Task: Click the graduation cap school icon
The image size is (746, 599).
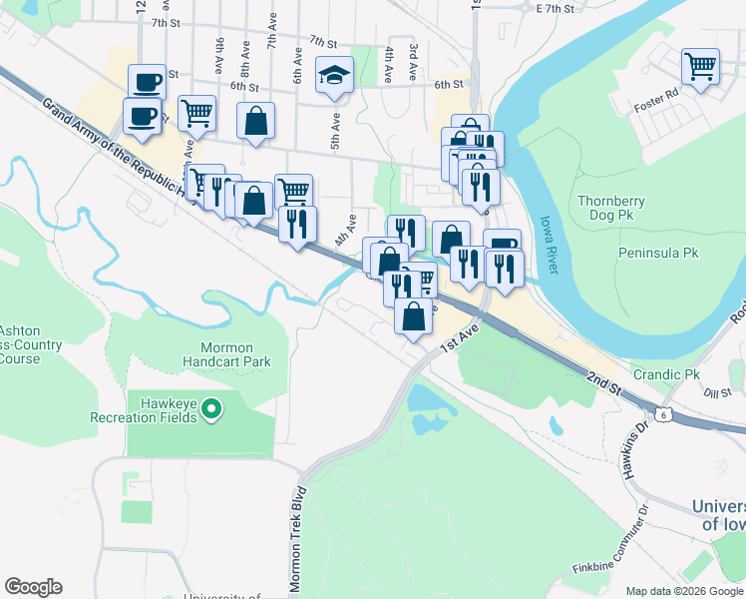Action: click(335, 74)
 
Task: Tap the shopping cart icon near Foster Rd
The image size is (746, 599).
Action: click(700, 67)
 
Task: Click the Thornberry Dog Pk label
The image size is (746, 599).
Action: click(611, 208)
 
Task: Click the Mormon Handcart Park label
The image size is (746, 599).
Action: click(228, 353)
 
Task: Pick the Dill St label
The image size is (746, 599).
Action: click(717, 393)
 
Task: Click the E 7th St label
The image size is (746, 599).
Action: click(556, 8)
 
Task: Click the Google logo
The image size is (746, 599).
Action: click(33, 587)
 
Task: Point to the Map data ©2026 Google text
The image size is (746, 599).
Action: click(684, 591)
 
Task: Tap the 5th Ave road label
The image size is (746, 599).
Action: click(335, 135)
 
